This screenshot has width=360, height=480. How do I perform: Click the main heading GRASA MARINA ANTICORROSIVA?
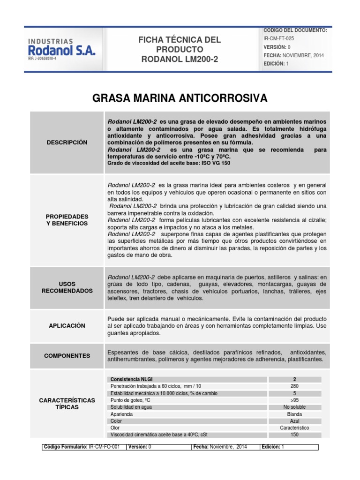point(180,98)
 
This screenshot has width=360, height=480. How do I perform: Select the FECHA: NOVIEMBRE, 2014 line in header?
point(293,55)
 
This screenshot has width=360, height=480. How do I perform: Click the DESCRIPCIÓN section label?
point(67,142)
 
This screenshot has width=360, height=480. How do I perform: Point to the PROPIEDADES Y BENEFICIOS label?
point(67,220)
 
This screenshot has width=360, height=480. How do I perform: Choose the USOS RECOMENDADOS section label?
point(67,287)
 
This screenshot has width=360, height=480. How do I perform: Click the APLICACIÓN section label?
point(67,325)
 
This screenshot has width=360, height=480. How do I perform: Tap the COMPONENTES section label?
point(67,356)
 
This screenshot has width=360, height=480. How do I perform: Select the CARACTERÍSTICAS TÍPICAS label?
point(67,404)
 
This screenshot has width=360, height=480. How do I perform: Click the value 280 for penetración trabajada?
point(294,386)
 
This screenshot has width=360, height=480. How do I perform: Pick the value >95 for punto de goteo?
point(294,400)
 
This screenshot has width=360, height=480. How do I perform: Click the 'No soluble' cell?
point(294,407)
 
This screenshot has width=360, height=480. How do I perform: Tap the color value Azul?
point(294,421)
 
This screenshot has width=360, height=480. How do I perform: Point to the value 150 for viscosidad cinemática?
point(294,435)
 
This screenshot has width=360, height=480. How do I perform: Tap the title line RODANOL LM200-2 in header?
point(180,59)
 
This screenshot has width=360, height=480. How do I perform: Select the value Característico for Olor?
point(294,428)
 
